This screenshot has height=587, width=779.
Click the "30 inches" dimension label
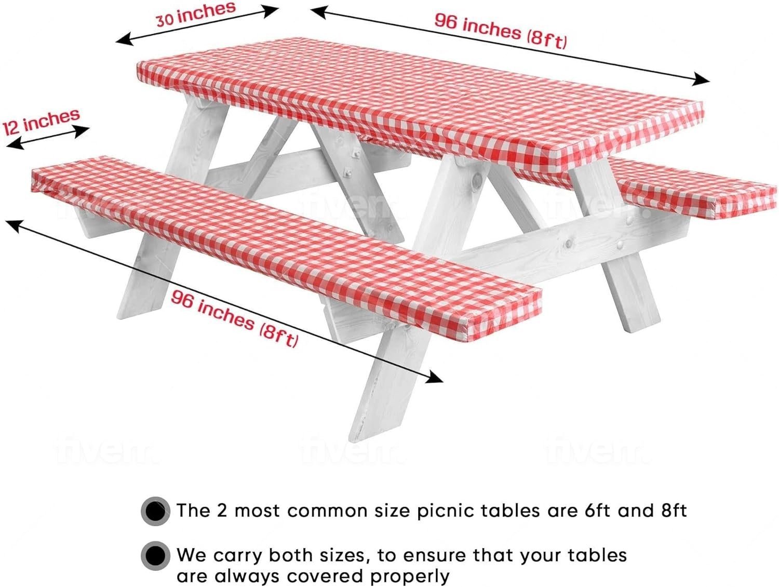(196, 14)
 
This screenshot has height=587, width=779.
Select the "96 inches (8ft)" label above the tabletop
(501, 31)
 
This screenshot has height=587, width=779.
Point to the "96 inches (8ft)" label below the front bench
(235, 319)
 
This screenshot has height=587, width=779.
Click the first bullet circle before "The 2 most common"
(155, 511)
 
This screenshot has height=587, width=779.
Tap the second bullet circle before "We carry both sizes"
(155, 556)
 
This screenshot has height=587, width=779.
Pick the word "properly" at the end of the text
(410, 577)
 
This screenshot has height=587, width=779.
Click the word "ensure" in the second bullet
(439, 556)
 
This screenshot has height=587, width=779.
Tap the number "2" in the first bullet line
(222, 510)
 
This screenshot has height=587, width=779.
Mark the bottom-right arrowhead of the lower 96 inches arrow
(435, 377)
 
